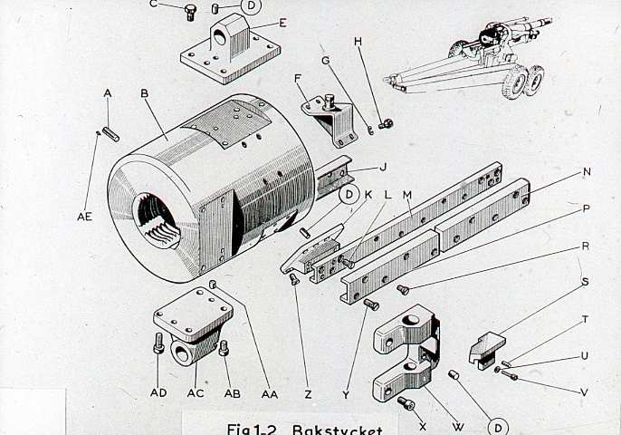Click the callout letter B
[x=144, y=92]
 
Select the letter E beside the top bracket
[x=283, y=23]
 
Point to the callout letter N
[x=587, y=171]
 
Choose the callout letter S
[x=586, y=282]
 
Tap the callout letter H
[x=358, y=42]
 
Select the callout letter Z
[x=309, y=394]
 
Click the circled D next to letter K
[x=349, y=195]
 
